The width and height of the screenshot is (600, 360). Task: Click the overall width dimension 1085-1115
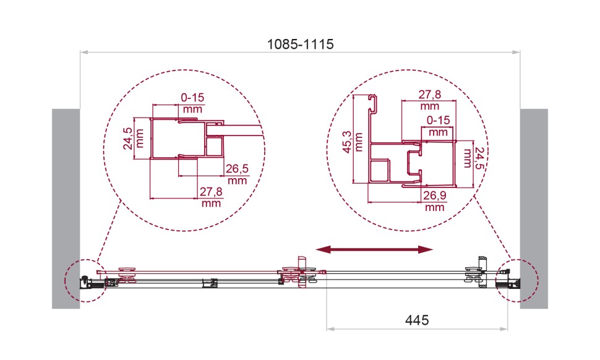coord(300,44)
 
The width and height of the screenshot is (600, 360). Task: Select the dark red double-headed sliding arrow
coord(374,249)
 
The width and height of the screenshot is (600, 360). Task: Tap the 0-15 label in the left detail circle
coord(192,102)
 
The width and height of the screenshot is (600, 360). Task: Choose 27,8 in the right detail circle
coord(429,100)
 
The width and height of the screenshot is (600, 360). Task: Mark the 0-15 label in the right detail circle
coord(438,126)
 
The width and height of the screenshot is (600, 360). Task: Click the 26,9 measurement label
coord(435,202)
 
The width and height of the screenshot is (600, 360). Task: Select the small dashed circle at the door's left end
coord(84,280)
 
